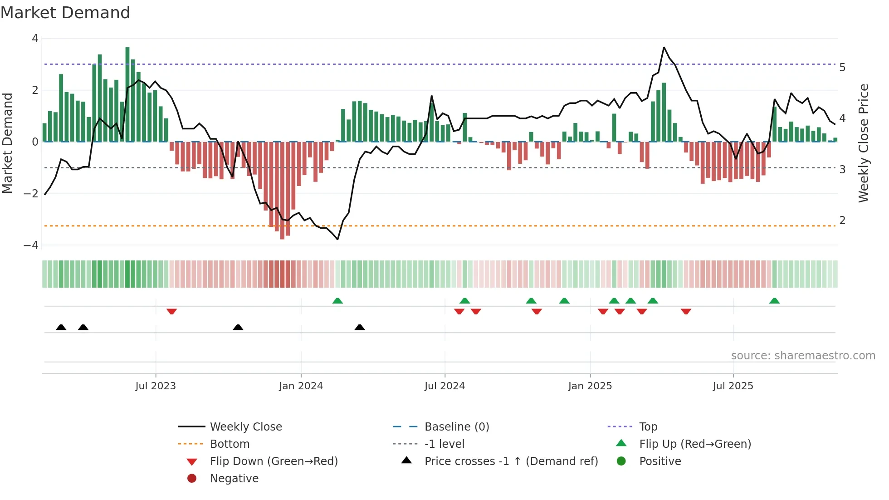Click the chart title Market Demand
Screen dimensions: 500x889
(x=65, y=13)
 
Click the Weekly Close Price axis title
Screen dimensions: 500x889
(x=864, y=143)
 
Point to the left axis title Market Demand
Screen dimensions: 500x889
(x=7, y=143)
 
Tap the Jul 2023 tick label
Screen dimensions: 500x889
(x=156, y=386)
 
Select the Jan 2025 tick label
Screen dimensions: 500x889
(x=590, y=386)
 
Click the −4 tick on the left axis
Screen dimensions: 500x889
(x=31, y=245)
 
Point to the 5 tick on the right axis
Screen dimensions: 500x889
(x=842, y=68)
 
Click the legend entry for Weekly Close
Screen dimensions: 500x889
(x=245, y=427)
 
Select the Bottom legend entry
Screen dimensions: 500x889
(x=230, y=444)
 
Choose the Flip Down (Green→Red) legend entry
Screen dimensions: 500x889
(x=274, y=461)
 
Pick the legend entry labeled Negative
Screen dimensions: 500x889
(x=234, y=479)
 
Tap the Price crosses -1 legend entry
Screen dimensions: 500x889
(x=511, y=461)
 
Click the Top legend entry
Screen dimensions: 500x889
(x=648, y=427)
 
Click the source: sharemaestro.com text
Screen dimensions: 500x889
(x=803, y=356)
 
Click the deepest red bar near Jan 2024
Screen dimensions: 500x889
(x=282, y=191)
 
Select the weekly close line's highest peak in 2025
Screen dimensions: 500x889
(x=664, y=47)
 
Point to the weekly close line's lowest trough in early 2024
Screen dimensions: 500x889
(x=337, y=239)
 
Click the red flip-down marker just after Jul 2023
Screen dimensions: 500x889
(x=171, y=312)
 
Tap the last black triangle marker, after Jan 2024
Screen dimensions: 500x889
(x=360, y=327)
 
